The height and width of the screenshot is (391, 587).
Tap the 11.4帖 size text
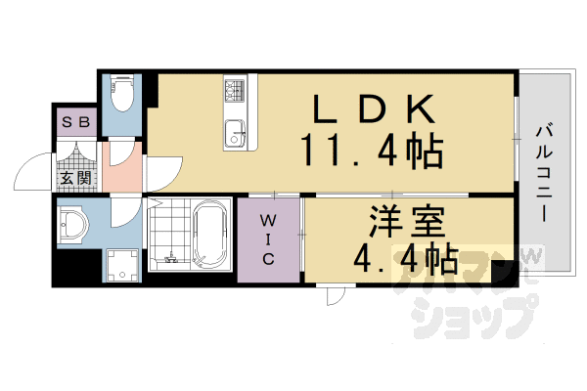tap(372, 152)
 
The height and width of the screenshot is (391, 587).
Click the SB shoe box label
tap(75, 123)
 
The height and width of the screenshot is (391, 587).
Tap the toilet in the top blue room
tap(122, 96)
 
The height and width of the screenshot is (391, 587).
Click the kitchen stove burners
tap(236, 94)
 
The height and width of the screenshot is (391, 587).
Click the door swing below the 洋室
tap(334, 296)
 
